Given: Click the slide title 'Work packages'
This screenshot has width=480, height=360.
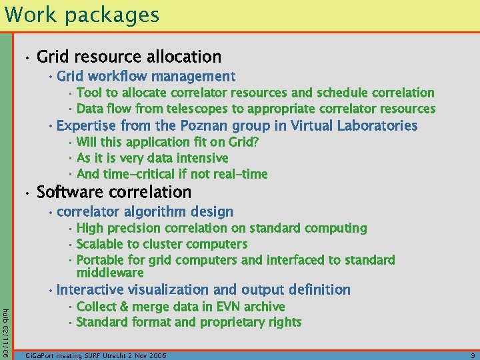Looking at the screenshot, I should (81, 15).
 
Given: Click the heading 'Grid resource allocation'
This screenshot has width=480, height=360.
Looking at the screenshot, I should (129, 57).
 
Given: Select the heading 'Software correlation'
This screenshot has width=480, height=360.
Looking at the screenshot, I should (114, 193).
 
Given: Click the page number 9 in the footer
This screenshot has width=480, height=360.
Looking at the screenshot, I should (471, 356).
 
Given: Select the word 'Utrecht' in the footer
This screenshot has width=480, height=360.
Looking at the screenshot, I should (134, 356).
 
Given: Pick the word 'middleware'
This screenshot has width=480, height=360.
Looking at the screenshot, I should (110, 273).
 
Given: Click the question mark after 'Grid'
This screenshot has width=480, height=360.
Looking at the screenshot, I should (256, 142).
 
